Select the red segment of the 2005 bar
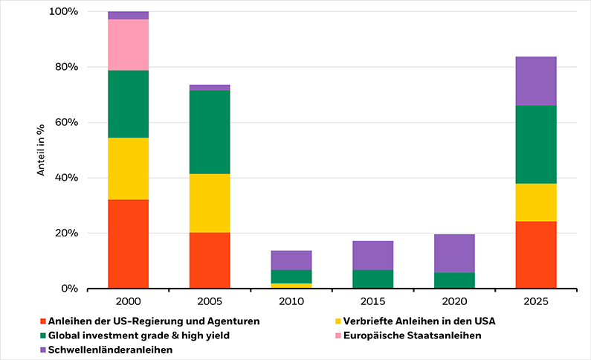pos(210,260)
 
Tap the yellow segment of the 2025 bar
pos(535,202)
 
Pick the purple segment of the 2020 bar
pos(454,253)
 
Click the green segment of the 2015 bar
pos(372,279)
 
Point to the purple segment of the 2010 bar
pos(291,260)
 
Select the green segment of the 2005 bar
pos(210,132)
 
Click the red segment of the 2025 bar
pos(535,254)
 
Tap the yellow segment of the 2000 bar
pos(128,169)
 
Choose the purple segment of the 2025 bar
pos(535,81)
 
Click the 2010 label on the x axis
pos(291,303)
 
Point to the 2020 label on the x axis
pos(454,303)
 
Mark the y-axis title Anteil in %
pos(42,150)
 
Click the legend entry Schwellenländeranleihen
pos(110,349)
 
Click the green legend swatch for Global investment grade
pos(43,335)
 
